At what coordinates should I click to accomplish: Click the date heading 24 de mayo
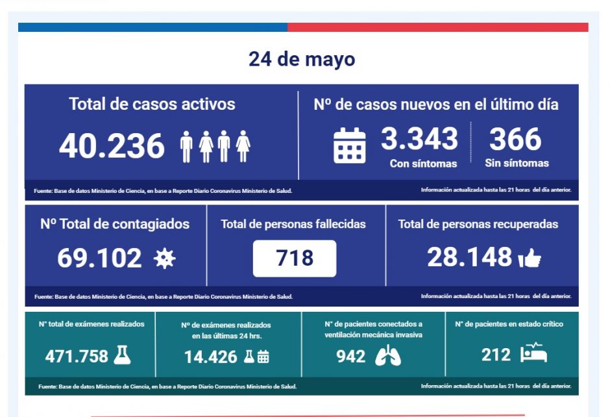pos(302,60)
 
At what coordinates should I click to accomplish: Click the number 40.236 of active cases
pos(112,146)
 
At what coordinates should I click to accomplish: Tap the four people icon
pos(215,146)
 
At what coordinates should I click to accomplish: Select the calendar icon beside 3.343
pos(349,145)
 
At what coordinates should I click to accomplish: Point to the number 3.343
pos(419,139)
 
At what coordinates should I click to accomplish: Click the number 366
pos(515,139)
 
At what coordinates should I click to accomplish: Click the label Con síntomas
pos(423,164)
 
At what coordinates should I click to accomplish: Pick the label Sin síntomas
pos(517,164)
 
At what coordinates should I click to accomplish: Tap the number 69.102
pos(99,259)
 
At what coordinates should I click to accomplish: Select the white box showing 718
pos(295,259)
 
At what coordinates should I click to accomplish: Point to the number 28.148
pos(470,258)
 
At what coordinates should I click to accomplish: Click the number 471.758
pos(77,356)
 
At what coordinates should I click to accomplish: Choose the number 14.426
pos(210,356)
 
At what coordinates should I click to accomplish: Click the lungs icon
pos(388,356)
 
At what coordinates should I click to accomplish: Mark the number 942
pos(350,356)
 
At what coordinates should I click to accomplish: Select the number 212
pos(496,355)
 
